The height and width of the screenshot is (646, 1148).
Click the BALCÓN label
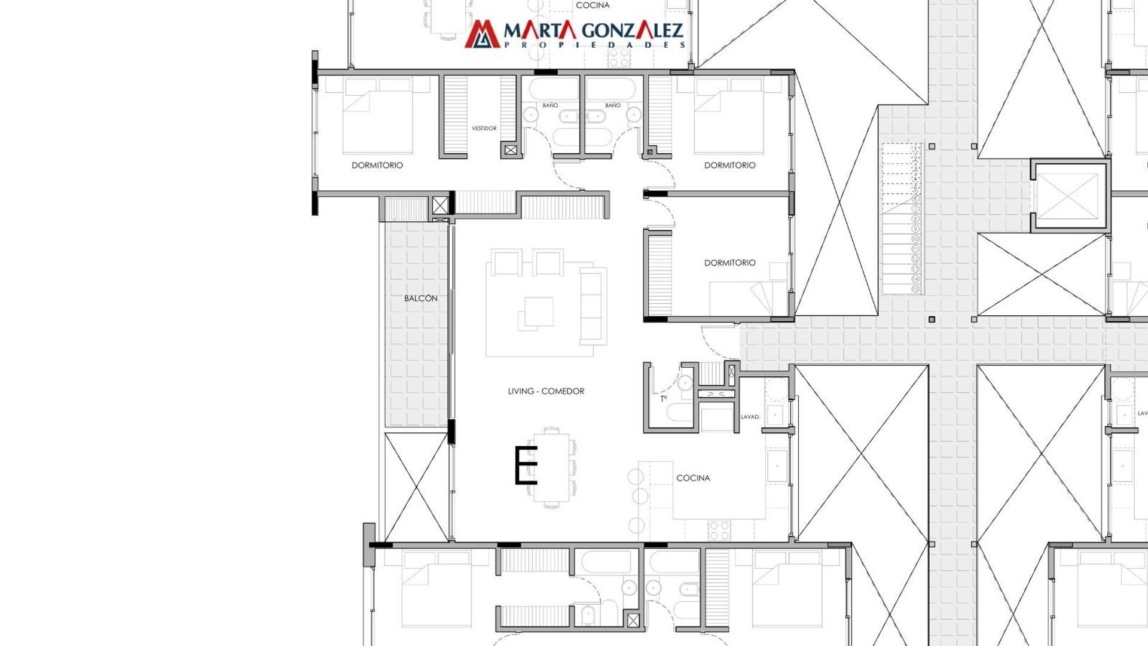pyautogui.click(x=420, y=298)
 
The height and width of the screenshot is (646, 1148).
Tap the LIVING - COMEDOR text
pyautogui.click(x=546, y=391)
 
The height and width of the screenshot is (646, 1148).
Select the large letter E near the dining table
pyautogui.click(x=526, y=465)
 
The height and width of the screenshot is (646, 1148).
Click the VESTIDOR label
pyautogui.click(x=484, y=128)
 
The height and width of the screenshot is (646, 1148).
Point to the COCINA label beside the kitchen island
pyautogui.click(x=693, y=478)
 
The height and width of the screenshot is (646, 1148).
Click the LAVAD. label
pyautogui.click(x=750, y=417)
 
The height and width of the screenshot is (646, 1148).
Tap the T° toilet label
pyautogui.click(x=663, y=398)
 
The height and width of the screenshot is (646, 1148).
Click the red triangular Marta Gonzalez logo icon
pyautogui.click(x=482, y=34)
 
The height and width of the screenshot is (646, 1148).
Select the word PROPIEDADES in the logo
pyautogui.click(x=594, y=45)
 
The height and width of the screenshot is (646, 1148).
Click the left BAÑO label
pyautogui.click(x=550, y=105)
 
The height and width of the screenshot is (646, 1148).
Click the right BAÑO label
pyautogui.click(x=613, y=105)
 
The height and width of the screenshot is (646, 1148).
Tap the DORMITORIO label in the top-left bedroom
pyautogui.click(x=377, y=165)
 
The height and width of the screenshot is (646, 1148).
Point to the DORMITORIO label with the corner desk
pyautogui.click(x=729, y=263)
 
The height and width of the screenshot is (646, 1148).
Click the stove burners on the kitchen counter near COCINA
pyautogui.click(x=719, y=529)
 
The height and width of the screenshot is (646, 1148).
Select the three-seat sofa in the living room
pyautogui.click(x=593, y=306)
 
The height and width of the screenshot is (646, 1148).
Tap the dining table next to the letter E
pyautogui.click(x=551, y=467)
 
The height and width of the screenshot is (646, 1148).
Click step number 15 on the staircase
pyautogui.click(x=915, y=289)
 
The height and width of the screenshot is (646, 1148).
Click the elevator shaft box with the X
pyautogui.click(x=1068, y=196)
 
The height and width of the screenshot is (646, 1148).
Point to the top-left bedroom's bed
pyautogui.click(x=377, y=116)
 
